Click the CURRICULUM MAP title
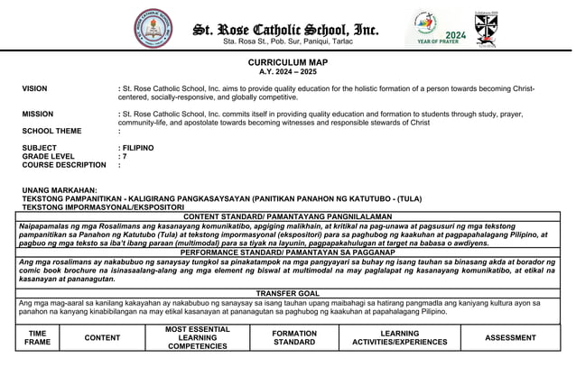pyautogui.click(x=288, y=62)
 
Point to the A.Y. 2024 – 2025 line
pyautogui.click(x=288, y=71)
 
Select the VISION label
pyautogui.click(x=35, y=89)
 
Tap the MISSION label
pyautogui.click(x=38, y=115)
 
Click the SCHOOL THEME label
pyautogui.click(x=51, y=132)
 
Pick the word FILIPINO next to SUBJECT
pyautogui.click(x=138, y=148)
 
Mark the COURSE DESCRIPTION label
pyautogui.click(x=64, y=165)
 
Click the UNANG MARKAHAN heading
pyautogui.click(x=60, y=190)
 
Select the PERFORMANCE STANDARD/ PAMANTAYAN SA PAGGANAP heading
pyautogui.click(x=287, y=252)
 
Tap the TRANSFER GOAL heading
pyautogui.click(x=287, y=294)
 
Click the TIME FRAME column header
pyautogui.click(x=38, y=338)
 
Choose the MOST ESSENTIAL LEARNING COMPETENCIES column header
pyautogui.click(x=198, y=338)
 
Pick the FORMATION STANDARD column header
pyautogui.click(x=294, y=338)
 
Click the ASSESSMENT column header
pyautogui.click(x=510, y=338)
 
